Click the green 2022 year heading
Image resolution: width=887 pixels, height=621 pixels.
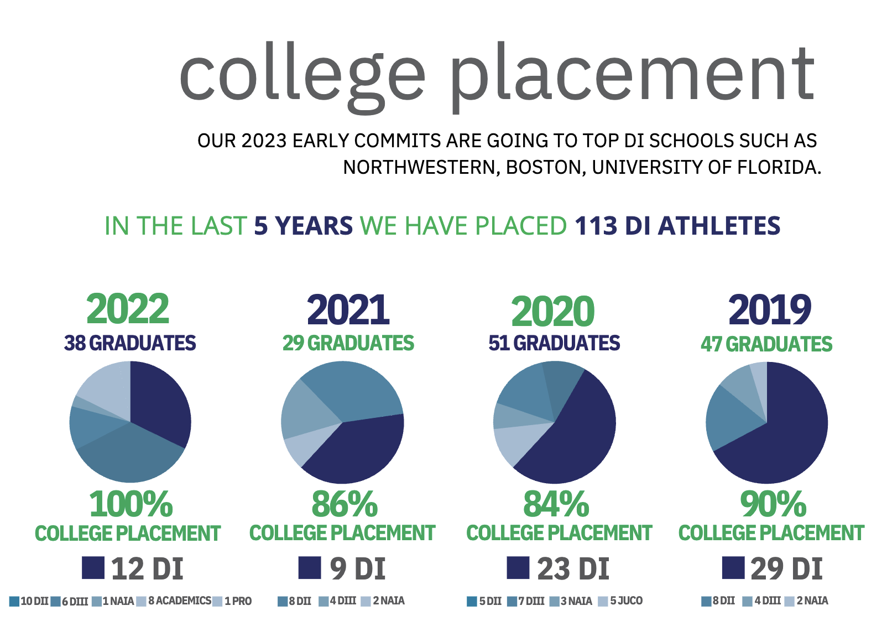click(128, 309)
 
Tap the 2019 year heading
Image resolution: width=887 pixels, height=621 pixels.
click(769, 310)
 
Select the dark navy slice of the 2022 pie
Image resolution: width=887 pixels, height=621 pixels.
click(160, 404)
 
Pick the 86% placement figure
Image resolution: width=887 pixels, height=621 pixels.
click(345, 504)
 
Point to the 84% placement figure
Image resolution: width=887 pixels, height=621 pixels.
click(556, 504)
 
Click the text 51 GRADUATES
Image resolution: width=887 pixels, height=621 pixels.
click(554, 343)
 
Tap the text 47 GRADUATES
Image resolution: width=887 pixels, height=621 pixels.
click(766, 344)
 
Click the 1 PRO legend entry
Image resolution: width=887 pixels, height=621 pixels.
click(237, 601)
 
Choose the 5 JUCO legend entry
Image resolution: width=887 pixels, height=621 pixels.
click(625, 601)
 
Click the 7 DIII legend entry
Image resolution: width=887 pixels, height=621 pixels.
click(530, 601)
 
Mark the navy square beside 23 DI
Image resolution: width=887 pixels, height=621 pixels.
click(518, 568)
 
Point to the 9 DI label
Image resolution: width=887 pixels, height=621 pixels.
click(357, 569)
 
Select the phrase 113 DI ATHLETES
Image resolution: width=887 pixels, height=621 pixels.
click(677, 226)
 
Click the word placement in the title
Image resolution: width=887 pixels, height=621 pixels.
click(632, 75)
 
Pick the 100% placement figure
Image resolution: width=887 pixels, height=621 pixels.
click(131, 504)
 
